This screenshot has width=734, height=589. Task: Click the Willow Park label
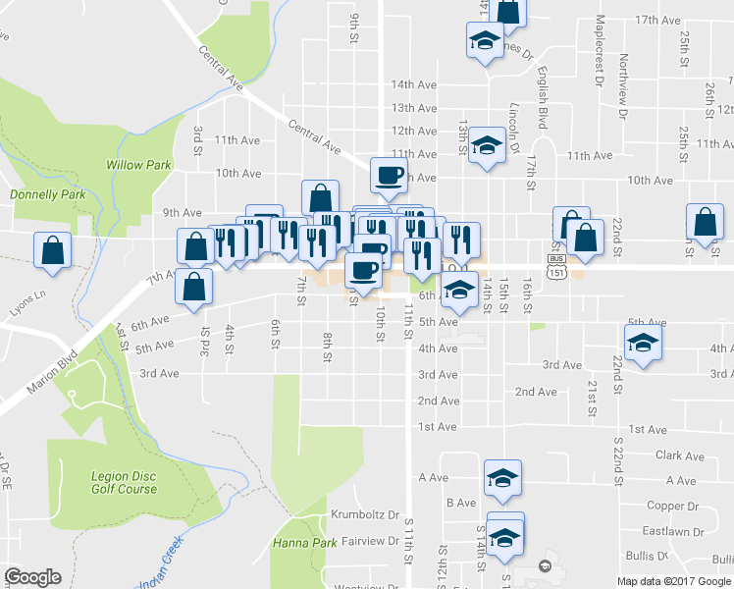coord(138,166)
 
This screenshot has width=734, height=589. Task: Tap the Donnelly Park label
coord(48,194)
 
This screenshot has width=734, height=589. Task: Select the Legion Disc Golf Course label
coord(124,482)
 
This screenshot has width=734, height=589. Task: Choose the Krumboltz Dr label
coord(364,514)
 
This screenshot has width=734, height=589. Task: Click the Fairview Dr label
coord(369,541)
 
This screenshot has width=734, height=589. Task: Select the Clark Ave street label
coord(680,456)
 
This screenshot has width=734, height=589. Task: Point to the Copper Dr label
coord(672,506)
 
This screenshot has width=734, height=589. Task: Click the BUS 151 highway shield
coord(555,263)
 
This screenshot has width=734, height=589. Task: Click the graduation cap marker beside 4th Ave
coord(642,344)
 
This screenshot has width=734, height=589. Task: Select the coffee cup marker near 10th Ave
coord(388,175)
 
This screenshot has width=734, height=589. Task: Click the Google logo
coord(32,578)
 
